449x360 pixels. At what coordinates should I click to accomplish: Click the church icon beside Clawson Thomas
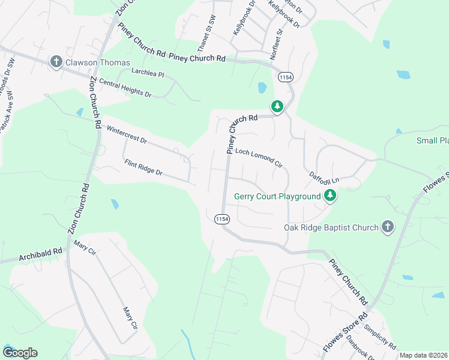pyautogui.click(x=56, y=62)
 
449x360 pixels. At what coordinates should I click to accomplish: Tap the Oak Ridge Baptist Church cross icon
pyautogui.click(x=388, y=227)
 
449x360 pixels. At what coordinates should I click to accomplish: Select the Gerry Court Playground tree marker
pyautogui.click(x=330, y=196)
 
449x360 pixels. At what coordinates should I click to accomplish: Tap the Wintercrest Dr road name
pyautogui.click(x=127, y=134)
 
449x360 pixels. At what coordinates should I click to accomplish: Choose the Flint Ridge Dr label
pyautogui.click(x=143, y=167)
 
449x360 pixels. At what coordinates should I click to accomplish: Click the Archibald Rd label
pyautogui.click(x=41, y=255)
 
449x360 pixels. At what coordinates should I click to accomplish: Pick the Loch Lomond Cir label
pyautogui.click(x=258, y=157)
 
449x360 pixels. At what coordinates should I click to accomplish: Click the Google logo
pyautogui.click(x=20, y=353)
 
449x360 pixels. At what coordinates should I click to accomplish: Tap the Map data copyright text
pyautogui.click(x=423, y=355)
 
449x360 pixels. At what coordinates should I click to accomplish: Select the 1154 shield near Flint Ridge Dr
pyautogui.click(x=221, y=220)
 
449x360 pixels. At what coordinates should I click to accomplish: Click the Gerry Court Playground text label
pyautogui.click(x=277, y=196)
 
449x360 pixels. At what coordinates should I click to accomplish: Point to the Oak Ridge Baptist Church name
pyautogui.click(x=331, y=227)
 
